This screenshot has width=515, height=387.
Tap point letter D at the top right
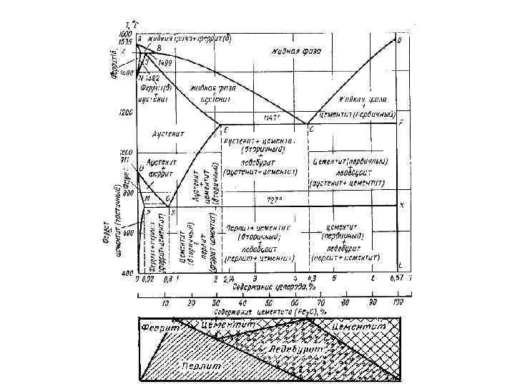pos(398,40)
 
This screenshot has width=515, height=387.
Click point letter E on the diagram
pos(226,130)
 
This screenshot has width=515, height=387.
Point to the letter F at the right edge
pos(401,123)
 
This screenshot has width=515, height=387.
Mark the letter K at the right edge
pos(401,206)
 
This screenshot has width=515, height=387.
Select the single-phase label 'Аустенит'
pos(170,134)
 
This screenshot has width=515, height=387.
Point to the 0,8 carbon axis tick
pos(168,279)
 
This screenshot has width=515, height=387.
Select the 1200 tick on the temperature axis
pos(127,113)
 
